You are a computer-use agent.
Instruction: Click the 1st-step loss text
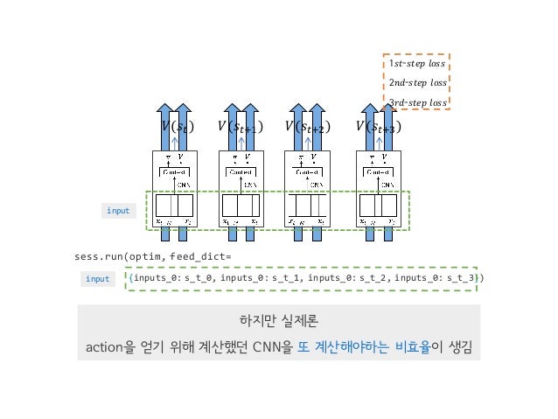click(x=417, y=64)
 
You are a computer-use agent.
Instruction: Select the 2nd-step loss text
click(x=417, y=83)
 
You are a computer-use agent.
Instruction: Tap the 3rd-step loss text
click(x=417, y=102)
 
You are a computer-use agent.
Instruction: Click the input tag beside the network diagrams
click(x=118, y=211)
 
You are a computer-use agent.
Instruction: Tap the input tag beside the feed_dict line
click(x=98, y=278)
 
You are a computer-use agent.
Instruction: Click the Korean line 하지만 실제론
click(x=278, y=320)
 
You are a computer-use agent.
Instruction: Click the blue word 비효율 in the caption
click(x=414, y=347)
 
